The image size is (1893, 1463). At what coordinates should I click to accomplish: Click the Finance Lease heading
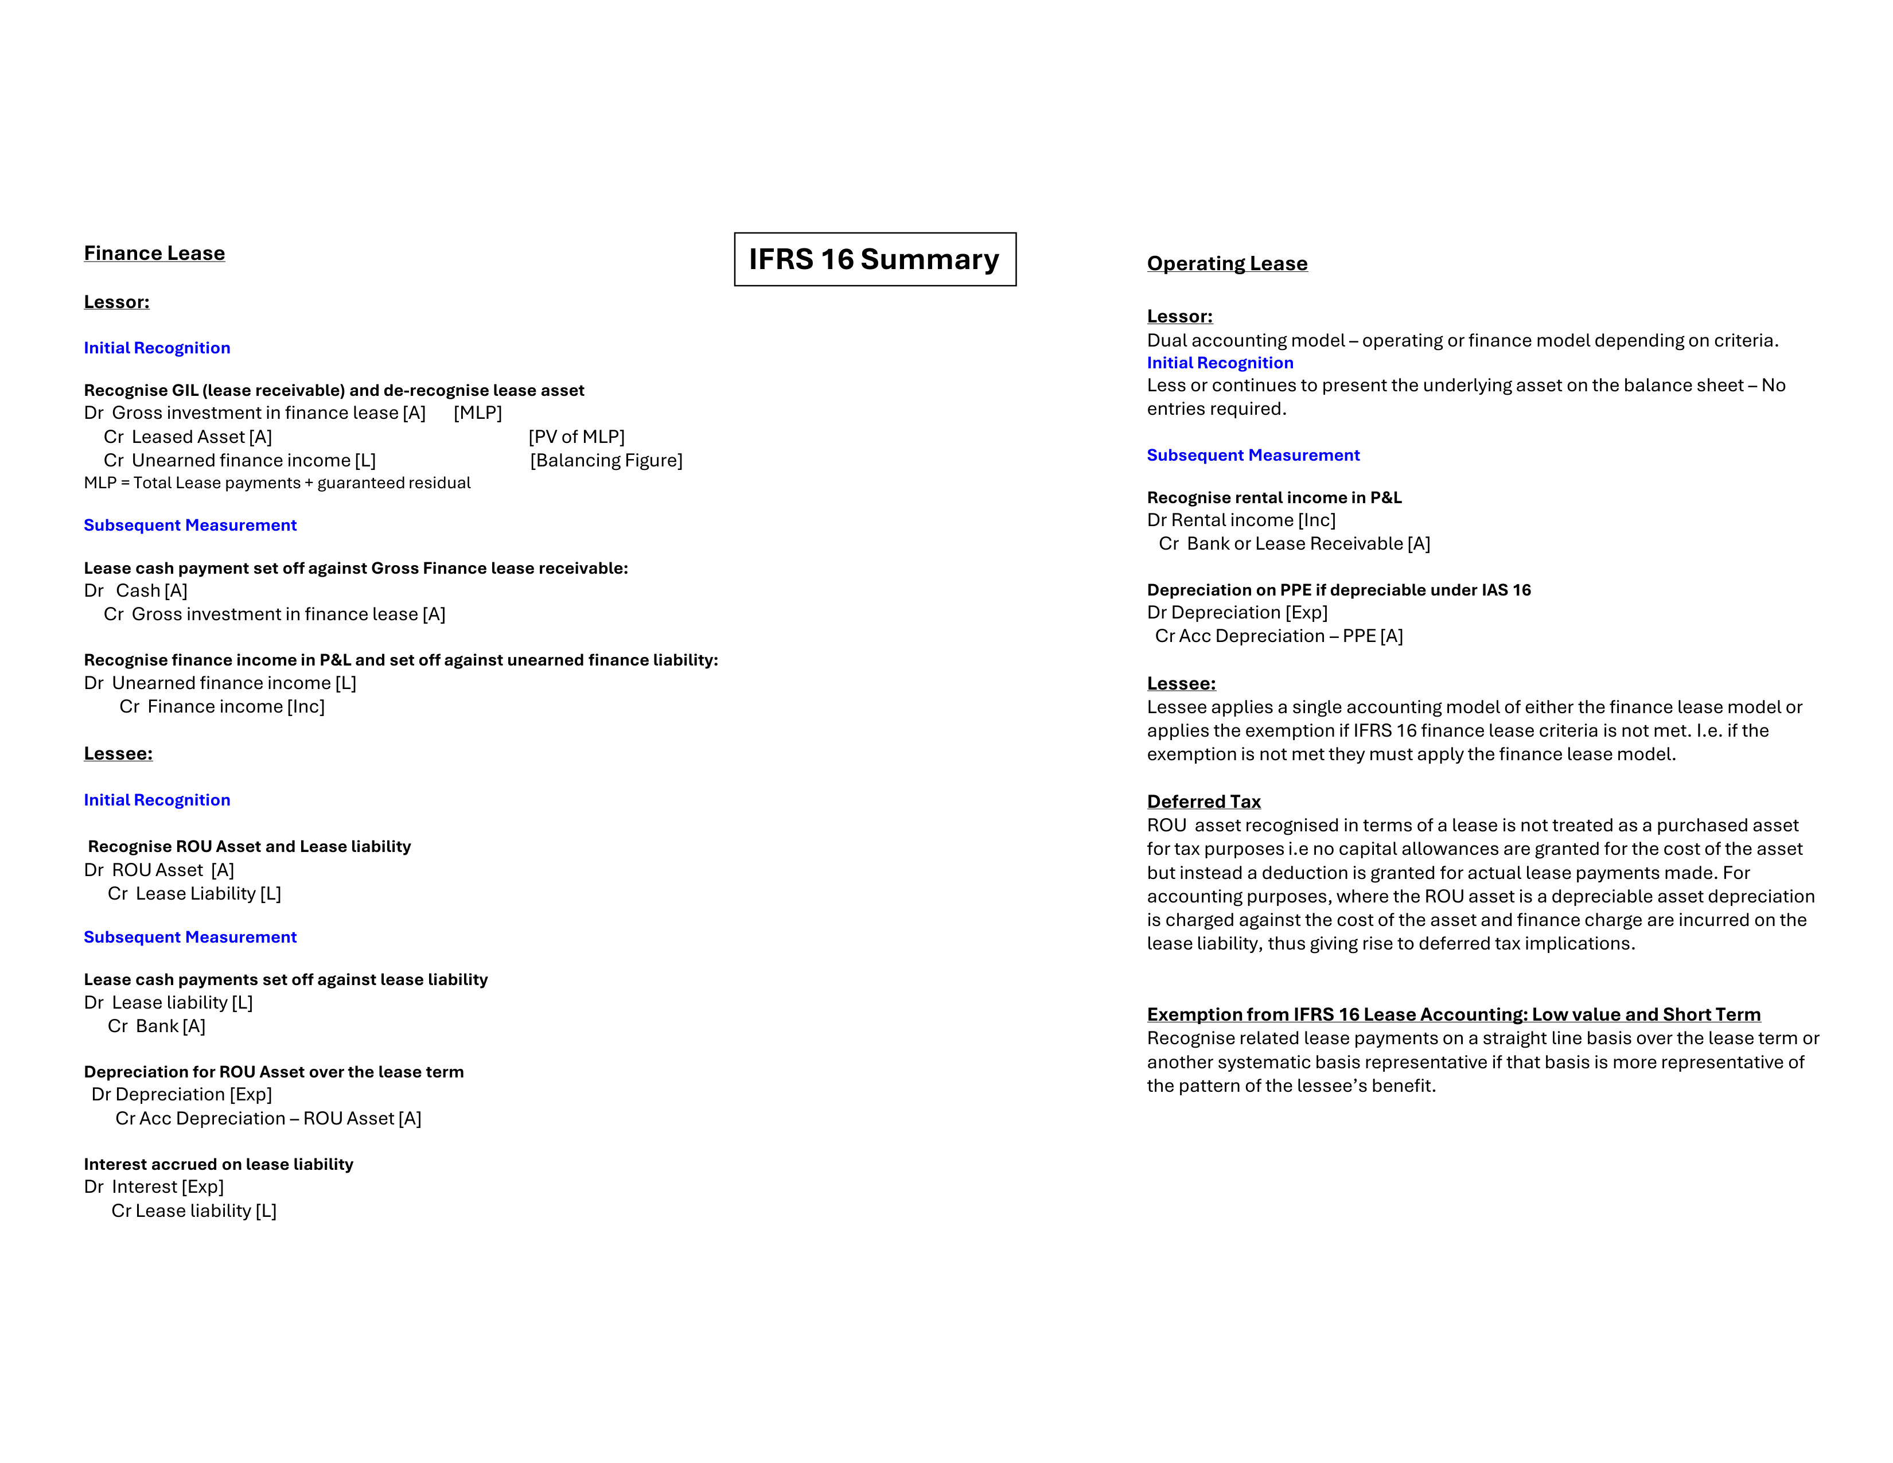[x=154, y=253]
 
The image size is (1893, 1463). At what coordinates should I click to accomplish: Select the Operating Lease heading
[x=1226, y=263]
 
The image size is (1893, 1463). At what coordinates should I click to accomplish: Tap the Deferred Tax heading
[x=1203, y=801]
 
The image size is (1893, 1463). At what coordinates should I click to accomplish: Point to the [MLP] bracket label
[x=478, y=414]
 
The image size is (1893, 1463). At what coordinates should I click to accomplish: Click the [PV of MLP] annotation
[x=577, y=437]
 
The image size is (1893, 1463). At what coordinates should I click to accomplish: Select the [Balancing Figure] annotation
[x=606, y=460]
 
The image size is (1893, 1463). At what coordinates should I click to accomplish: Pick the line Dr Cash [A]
[x=136, y=591]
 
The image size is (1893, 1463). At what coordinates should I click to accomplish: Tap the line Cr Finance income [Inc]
[x=222, y=706]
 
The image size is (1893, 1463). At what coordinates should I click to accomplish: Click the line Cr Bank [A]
[x=156, y=1026]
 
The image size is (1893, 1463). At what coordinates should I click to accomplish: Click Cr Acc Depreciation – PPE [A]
[x=1279, y=636]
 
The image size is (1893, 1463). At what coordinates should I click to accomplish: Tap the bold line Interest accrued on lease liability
[x=219, y=1164]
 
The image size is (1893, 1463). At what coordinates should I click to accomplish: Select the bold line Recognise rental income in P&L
[x=1273, y=497]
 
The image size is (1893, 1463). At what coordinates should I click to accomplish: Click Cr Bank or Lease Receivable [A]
[x=1294, y=543]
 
